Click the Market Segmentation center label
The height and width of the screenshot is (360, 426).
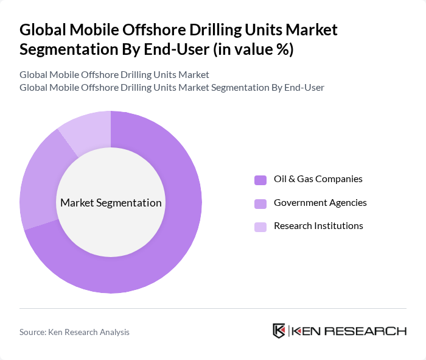point(111,203)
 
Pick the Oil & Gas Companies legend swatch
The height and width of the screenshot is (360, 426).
point(260,180)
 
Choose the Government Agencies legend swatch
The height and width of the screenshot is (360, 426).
point(260,203)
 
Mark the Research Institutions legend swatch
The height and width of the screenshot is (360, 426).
point(260,226)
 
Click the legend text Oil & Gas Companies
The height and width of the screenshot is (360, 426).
point(318,179)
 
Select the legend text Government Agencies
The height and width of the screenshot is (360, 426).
point(320,202)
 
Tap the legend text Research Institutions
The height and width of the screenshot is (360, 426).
point(318,225)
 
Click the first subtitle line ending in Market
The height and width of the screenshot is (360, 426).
point(114,74)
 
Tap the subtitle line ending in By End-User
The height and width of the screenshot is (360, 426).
point(172,87)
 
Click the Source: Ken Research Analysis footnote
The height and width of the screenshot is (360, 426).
point(74,332)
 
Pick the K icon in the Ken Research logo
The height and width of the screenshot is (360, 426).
point(279,331)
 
